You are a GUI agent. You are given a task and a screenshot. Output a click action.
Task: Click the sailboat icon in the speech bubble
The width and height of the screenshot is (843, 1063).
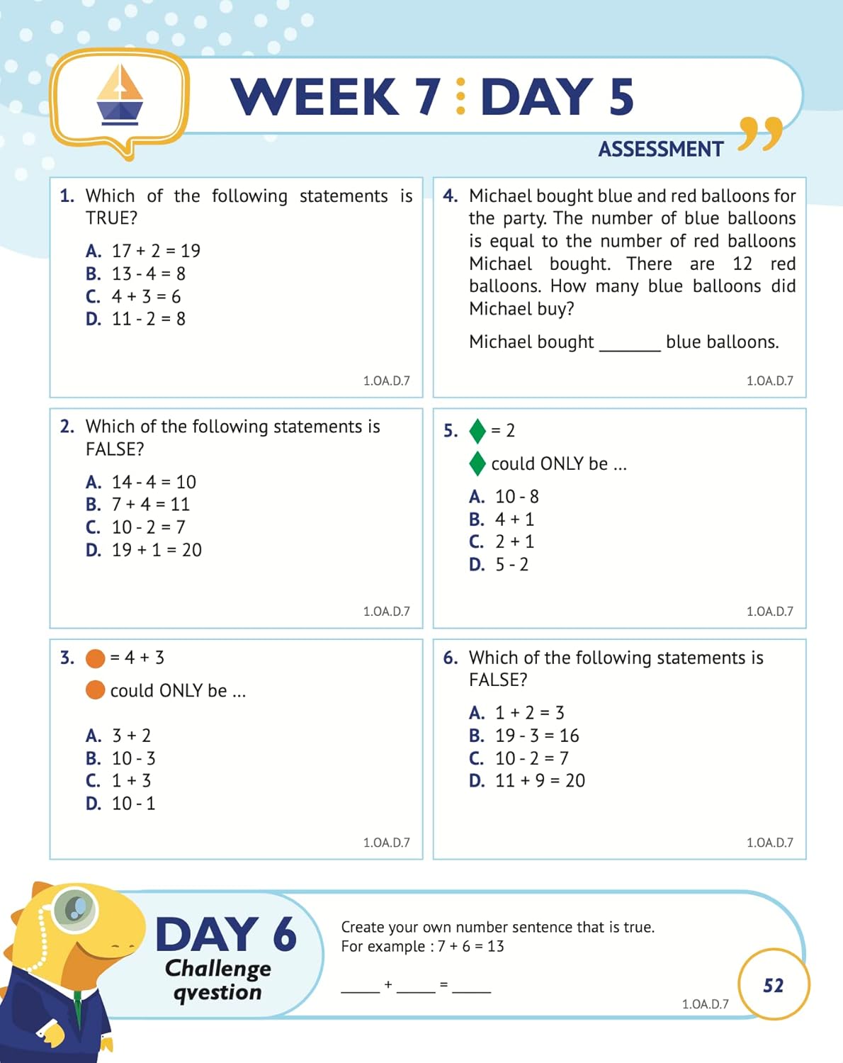coord(120,96)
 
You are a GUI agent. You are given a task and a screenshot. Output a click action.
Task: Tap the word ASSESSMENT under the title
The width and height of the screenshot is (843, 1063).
coord(660,150)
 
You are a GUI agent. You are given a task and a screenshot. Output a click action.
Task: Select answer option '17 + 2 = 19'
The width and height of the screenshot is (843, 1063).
coord(155,251)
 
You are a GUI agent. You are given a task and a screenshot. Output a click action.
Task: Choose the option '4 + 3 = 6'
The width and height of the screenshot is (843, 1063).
coord(145,296)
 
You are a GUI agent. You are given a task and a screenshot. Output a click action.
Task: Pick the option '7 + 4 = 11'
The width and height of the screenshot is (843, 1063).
coord(150,505)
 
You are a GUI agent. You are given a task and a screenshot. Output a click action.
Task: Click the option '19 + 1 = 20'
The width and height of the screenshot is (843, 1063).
coord(156,550)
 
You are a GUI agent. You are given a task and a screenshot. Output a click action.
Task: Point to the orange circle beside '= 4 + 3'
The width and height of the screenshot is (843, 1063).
coord(95,658)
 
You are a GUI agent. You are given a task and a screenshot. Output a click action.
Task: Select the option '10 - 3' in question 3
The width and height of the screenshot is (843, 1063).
coord(133,758)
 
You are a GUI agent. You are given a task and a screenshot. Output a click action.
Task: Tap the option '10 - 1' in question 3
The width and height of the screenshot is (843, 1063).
coord(133,804)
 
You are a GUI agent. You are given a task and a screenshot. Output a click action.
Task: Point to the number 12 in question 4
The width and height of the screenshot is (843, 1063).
coord(742,264)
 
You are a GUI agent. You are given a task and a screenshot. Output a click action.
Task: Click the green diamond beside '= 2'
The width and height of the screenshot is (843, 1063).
coord(477,431)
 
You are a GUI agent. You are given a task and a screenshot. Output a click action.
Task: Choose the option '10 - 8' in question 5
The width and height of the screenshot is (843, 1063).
coord(516,497)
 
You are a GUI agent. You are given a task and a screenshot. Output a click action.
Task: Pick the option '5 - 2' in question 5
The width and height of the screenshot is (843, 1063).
coord(511,565)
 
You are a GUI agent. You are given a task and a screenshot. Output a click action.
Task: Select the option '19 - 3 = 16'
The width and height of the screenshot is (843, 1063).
coord(536,736)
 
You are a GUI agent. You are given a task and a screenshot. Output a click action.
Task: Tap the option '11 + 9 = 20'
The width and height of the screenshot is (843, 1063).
coord(539,781)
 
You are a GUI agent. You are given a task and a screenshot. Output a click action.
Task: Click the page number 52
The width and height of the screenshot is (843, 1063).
coord(773,986)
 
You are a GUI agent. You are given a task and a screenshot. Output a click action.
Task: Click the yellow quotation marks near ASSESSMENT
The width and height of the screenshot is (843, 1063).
coord(760,134)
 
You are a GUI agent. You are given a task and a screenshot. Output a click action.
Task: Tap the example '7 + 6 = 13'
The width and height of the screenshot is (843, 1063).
coord(470,947)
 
